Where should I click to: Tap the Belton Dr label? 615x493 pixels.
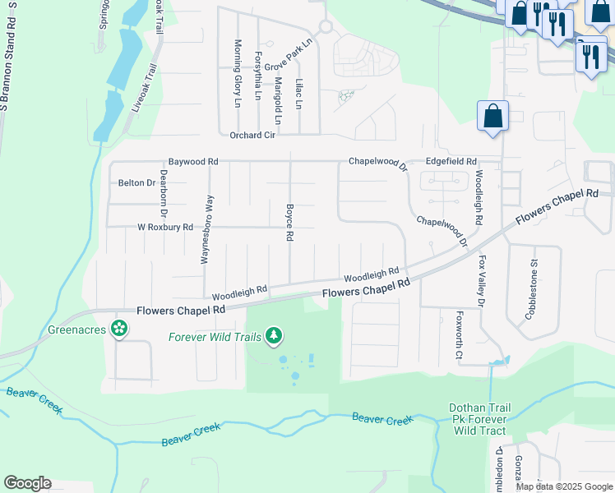(x=136, y=182)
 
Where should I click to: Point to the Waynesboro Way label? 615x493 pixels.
(x=209, y=229)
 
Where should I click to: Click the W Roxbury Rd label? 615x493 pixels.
(x=164, y=227)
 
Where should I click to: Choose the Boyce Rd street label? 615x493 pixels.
(x=289, y=223)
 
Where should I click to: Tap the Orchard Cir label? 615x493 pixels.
(x=252, y=136)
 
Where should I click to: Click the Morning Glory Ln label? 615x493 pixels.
(x=238, y=74)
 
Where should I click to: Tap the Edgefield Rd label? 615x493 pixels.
(x=451, y=162)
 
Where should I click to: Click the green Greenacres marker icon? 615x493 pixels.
(x=120, y=329)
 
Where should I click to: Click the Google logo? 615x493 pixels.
(x=27, y=483)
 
